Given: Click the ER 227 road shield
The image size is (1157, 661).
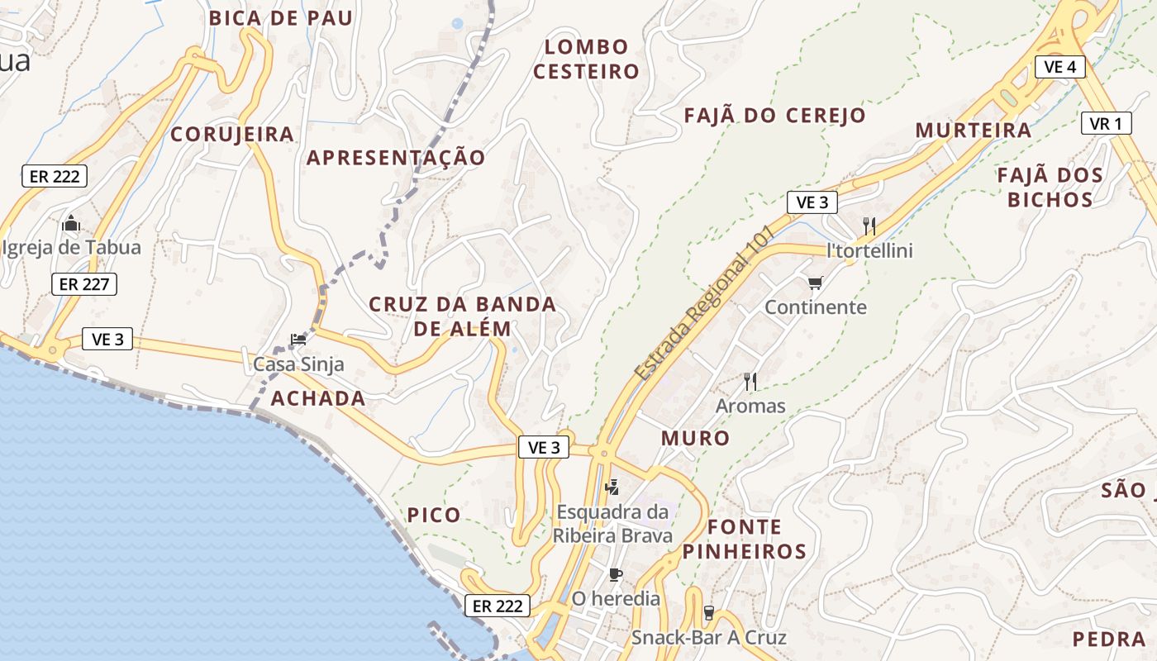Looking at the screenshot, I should pos(84,284).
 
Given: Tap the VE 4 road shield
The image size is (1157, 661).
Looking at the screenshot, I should pos(1059,67).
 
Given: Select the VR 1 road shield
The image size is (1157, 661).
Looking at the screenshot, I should pos(1106,124).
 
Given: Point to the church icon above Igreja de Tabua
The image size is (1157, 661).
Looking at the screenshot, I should pos(71,224).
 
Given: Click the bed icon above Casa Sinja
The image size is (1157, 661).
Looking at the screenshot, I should pos(298,340).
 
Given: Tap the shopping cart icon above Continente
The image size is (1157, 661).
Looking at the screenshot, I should pos(816,283).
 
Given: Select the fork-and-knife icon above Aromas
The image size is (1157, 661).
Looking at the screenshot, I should pos(750,381).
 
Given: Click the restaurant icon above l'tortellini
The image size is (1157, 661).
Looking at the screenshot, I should pos(869,226).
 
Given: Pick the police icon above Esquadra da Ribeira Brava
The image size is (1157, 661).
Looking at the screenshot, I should pos(612,487).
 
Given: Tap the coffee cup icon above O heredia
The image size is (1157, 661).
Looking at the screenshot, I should pos(616,574).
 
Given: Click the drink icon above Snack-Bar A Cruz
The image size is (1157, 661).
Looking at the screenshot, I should pos(708,613).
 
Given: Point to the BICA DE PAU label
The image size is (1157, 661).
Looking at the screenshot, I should pos(281,18).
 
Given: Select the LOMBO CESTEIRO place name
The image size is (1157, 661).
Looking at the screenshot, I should pos(586,59).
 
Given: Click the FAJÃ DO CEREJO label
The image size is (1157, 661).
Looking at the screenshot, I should pos(774,116).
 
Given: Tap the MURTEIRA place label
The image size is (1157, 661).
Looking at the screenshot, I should pos(974,131).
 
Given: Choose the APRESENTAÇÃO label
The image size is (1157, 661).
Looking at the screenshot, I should pos(396,158).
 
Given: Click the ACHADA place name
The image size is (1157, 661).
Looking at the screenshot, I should pos(318,398).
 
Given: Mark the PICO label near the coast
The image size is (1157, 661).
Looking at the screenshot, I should pos(434,516).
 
